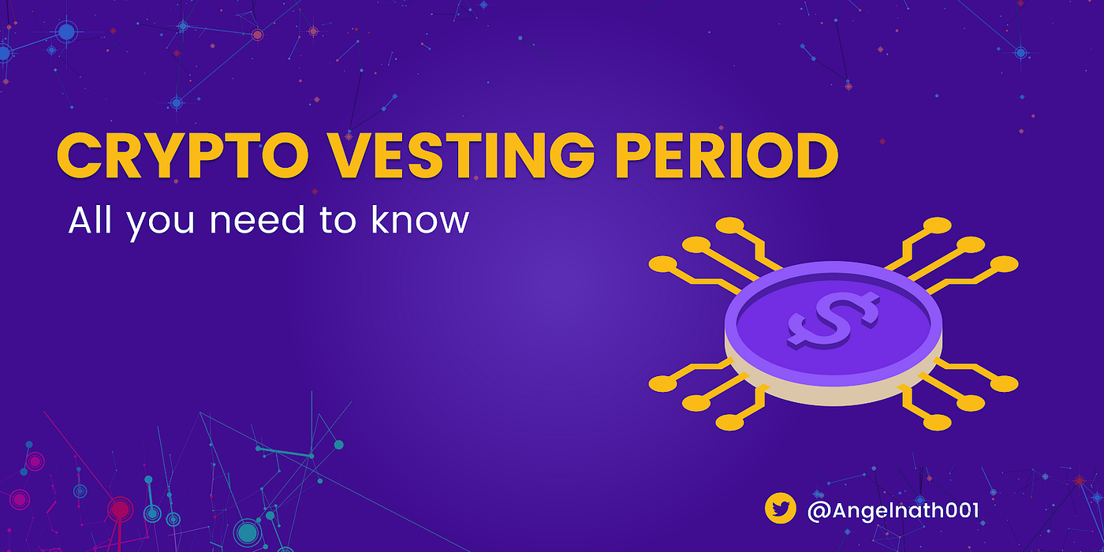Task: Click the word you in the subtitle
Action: click(160, 223)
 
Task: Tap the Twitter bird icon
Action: click(781, 509)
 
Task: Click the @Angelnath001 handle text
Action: click(893, 510)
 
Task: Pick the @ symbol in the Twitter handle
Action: click(819, 510)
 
